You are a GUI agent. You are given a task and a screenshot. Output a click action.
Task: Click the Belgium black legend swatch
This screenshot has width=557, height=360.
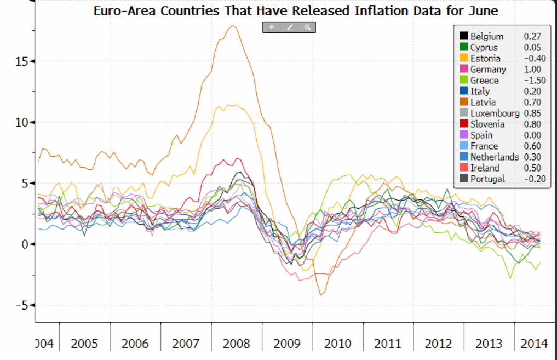pyautogui.click(x=463, y=37)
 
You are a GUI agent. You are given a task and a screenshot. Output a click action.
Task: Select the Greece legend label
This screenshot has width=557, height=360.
pyautogui.click(x=484, y=81)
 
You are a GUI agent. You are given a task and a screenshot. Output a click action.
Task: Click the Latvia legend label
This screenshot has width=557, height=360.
pyautogui.click(x=483, y=102)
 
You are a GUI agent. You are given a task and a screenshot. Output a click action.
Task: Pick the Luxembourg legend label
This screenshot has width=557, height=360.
pyautogui.click(x=495, y=113)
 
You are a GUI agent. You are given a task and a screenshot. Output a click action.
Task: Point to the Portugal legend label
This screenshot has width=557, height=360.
pyautogui.click(x=487, y=179)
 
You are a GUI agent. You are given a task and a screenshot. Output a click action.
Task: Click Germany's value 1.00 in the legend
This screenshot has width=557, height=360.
pyautogui.click(x=532, y=70)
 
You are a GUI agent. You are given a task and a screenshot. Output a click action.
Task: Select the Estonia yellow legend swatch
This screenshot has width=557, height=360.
pyautogui.click(x=463, y=59)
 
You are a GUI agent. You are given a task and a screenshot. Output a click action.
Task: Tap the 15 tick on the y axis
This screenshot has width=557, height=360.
pyautogui.click(x=22, y=61)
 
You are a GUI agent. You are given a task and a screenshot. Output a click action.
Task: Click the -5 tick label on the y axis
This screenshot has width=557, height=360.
pyautogui.click(x=20, y=305)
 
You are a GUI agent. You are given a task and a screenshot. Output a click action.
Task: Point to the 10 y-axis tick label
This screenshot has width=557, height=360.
pyautogui.click(x=22, y=122)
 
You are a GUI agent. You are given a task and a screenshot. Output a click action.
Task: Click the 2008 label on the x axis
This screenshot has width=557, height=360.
pyautogui.click(x=236, y=344)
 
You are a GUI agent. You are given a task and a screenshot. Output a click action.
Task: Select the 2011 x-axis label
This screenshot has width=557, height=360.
pyautogui.click(x=388, y=344)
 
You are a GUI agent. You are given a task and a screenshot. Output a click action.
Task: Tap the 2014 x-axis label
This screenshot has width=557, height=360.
pyautogui.click(x=534, y=344)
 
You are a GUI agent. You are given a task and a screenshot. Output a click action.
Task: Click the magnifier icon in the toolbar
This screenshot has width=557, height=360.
pyautogui.click(x=308, y=27)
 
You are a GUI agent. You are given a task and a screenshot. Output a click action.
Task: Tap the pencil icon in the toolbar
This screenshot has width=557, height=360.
pyautogui.click(x=290, y=27)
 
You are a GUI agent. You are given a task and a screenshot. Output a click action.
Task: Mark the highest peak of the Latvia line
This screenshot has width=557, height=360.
pyautogui.click(x=233, y=26)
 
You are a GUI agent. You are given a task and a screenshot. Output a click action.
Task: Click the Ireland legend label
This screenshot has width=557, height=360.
pyautogui.click(x=485, y=168)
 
